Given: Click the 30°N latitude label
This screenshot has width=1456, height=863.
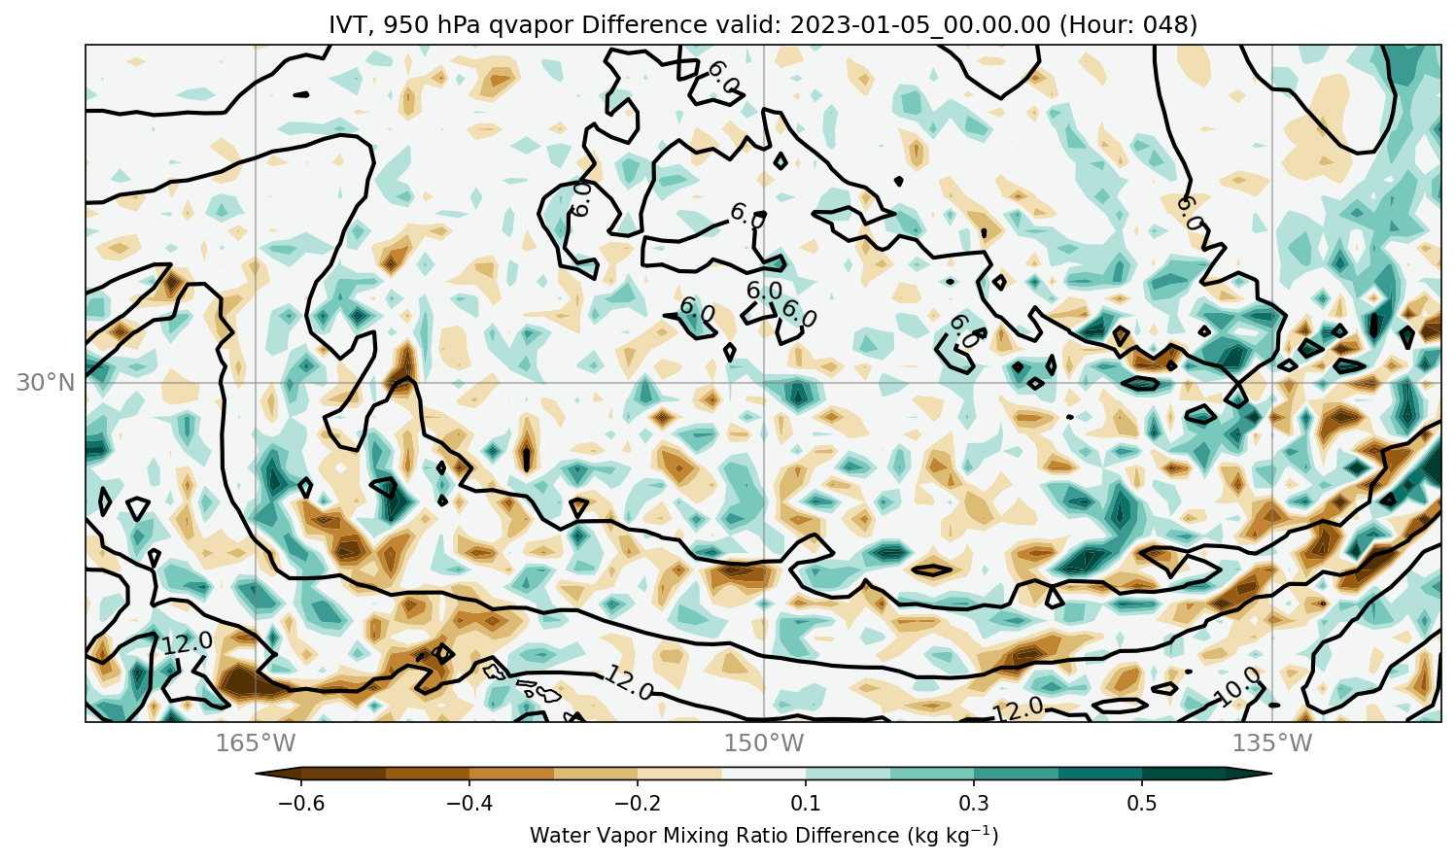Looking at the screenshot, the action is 46,383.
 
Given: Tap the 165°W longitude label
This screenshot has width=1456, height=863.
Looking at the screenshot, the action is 256,742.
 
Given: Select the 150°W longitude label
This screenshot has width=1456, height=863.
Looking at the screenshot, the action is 764,742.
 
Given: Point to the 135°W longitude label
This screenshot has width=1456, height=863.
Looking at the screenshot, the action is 1272,742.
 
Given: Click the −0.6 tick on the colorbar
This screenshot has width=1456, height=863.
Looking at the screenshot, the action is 301,804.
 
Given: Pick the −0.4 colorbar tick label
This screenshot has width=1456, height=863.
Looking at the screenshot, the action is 469,804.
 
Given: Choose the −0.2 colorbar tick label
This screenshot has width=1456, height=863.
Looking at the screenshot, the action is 638,804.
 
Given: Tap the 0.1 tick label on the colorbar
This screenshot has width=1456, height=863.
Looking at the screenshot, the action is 806,804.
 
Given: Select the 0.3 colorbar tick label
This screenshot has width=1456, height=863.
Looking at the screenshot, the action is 974,804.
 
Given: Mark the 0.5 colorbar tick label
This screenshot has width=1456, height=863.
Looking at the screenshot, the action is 1143,804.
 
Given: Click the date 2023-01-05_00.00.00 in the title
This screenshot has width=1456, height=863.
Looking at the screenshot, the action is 919,25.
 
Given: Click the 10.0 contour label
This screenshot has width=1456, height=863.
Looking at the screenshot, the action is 1238,687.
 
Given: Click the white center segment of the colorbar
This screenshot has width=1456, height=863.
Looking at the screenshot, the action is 764,774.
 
